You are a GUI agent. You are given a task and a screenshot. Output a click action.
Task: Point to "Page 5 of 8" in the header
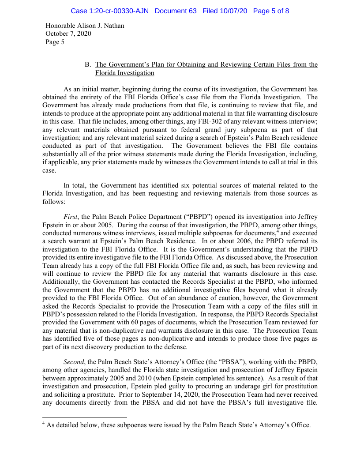pyautogui.click(x=271, y=11)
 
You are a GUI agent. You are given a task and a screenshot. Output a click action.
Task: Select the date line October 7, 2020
pyautogui.click(x=68, y=34)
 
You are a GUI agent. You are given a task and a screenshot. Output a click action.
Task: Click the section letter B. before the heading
pyautogui.click(x=87, y=65)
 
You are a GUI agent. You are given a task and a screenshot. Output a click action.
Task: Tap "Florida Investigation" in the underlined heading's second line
pyautogui.click(x=125, y=73)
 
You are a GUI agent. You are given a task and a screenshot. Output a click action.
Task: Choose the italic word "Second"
pyautogui.click(x=74, y=362)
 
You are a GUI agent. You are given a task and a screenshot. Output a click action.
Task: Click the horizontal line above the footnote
pyautogui.click(x=84, y=417)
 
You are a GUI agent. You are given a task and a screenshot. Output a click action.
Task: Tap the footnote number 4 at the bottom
pyautogui.click(x=44, y=424)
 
